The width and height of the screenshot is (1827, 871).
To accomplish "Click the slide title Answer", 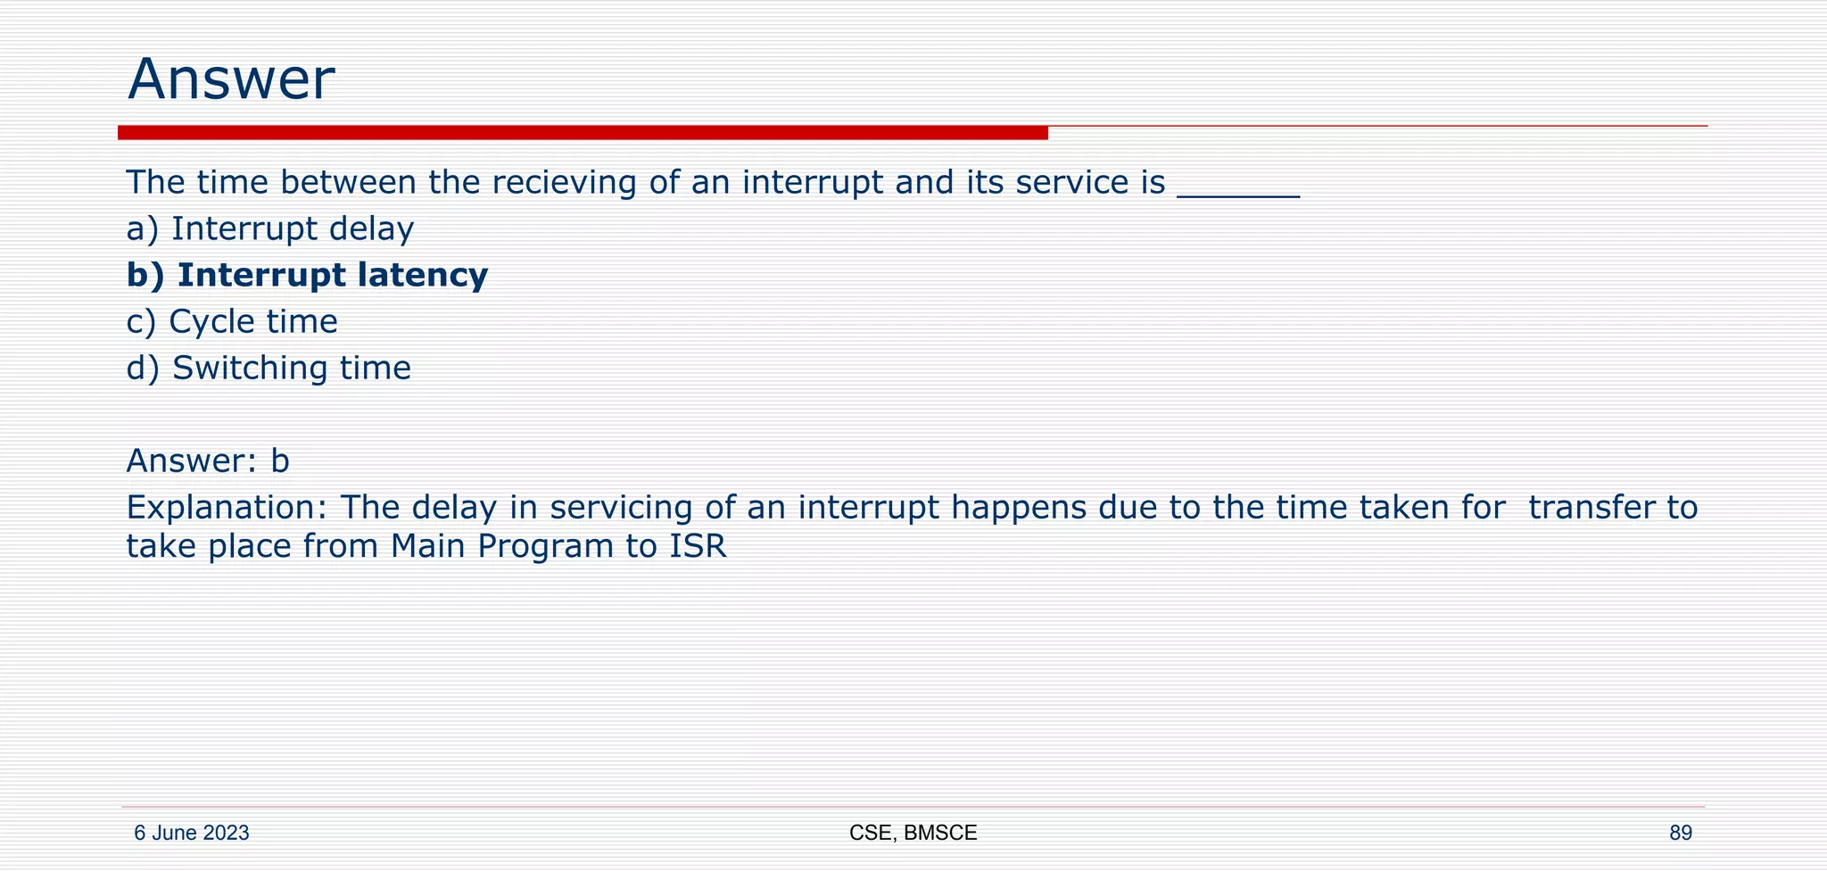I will point(231,79).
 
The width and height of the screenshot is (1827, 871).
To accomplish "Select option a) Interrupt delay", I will point(270,229).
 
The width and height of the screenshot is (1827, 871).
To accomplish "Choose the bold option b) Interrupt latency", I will point(307,275).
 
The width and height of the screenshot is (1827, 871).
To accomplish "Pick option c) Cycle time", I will point(232,322).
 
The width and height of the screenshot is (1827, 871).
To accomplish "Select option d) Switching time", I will point(269,369).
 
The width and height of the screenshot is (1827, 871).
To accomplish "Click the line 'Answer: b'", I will point(208,461).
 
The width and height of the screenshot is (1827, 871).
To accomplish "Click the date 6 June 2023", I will point(192,834).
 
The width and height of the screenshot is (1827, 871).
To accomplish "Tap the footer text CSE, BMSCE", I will point(913,834).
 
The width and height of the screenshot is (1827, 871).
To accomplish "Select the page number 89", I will point(1680,834).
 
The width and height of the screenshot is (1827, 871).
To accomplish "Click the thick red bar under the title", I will point(583,133).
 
